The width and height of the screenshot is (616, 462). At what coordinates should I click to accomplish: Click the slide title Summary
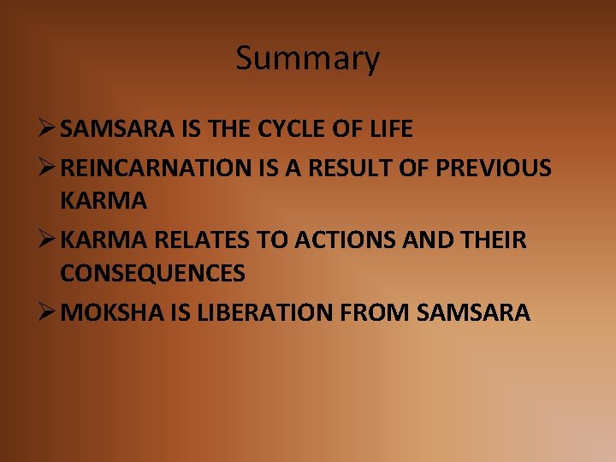(x=307, y=59)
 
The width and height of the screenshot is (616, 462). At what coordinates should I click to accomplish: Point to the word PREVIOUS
(x=494, y=169)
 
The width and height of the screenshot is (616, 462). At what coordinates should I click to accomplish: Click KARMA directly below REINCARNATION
(x=104, y=201)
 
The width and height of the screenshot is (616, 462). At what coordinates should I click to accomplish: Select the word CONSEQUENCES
(x=152, y=273)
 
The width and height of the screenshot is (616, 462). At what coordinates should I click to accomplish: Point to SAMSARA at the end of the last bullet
(x=475, y=312)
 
